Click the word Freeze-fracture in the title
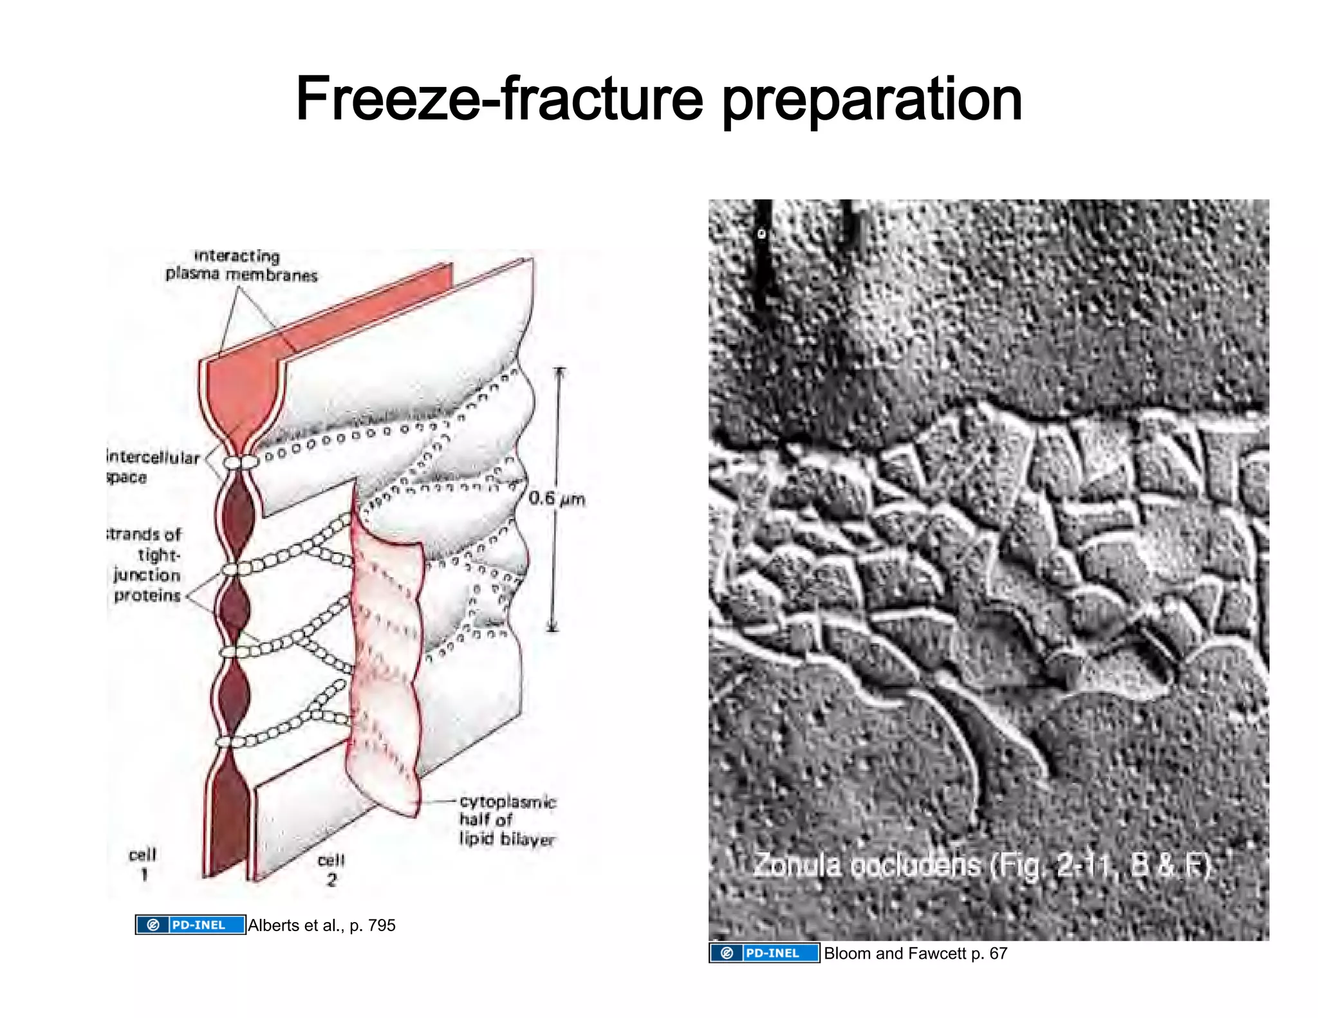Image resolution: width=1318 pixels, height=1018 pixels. pos(499,100)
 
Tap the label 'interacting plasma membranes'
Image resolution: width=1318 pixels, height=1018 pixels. pos(241,266)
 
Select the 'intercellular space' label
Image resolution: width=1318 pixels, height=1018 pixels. pos(153,467)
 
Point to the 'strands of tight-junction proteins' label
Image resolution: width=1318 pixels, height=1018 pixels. pos(147,565)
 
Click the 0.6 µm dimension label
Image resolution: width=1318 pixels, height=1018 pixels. pos(557,499)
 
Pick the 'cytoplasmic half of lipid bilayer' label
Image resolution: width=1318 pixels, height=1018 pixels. pos(507,820)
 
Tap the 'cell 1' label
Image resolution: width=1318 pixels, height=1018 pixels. pos(143,864)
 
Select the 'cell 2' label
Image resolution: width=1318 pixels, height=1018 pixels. pos(331,869)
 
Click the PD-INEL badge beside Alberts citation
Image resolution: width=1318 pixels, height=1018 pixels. pos(190,925)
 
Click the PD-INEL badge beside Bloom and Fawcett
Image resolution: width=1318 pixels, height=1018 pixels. pos(764,953)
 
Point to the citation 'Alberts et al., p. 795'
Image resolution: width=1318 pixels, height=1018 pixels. pos(322,925)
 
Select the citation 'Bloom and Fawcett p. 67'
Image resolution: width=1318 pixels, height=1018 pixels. pos(915,953)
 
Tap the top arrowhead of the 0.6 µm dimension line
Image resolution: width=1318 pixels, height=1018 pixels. pos(559,371)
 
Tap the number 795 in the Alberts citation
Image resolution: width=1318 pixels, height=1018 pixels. pos(382,925)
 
